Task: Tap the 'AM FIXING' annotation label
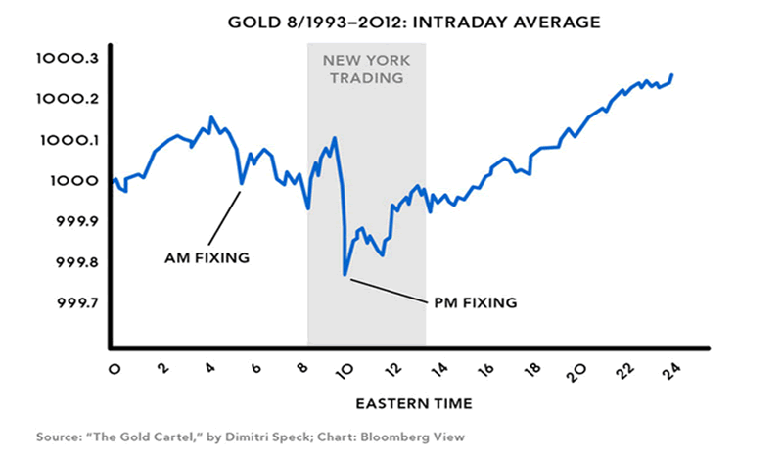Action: point(207,258)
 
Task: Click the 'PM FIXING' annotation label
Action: point(475,301)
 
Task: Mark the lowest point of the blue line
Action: point(345,274)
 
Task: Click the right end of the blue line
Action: point(672,75)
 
